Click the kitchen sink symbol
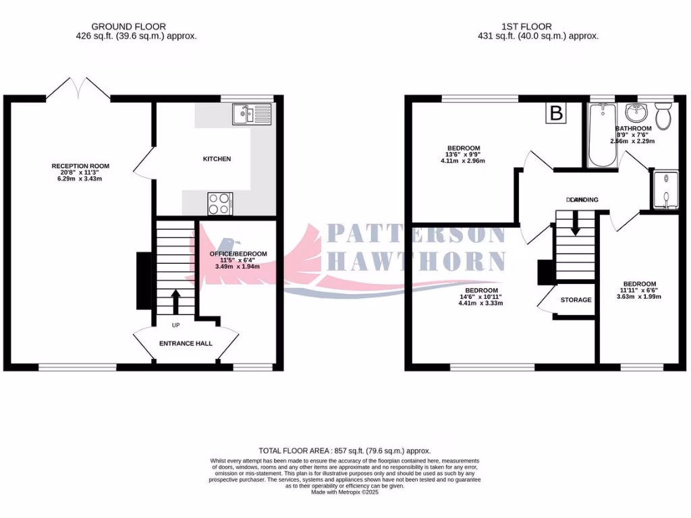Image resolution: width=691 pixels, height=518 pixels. (x=251, y=114)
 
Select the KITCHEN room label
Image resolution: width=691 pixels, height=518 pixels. (x=217, y=159)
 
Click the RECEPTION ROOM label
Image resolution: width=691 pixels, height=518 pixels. (x=80, y=166)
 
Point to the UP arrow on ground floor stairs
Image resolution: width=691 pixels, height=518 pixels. (x=176, y=301)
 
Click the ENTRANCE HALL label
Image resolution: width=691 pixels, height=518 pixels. (x=186, y=343)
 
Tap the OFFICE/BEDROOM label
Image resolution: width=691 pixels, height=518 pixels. (x=238, y=254)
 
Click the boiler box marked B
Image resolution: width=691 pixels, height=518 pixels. (x=556, y=113)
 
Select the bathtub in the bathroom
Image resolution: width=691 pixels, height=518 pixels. (x=601, y=136)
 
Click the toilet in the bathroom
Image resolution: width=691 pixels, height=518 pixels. (x=663, y=116)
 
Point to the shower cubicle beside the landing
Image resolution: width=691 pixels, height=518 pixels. (x=665, y=190)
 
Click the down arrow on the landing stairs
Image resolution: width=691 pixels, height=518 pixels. (x=575, y=223)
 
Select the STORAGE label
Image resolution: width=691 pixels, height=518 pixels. (x=576, y=299)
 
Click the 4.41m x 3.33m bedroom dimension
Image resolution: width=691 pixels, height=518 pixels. (x=480, y=303)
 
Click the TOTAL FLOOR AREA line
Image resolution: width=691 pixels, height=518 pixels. (x=344, y=451)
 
